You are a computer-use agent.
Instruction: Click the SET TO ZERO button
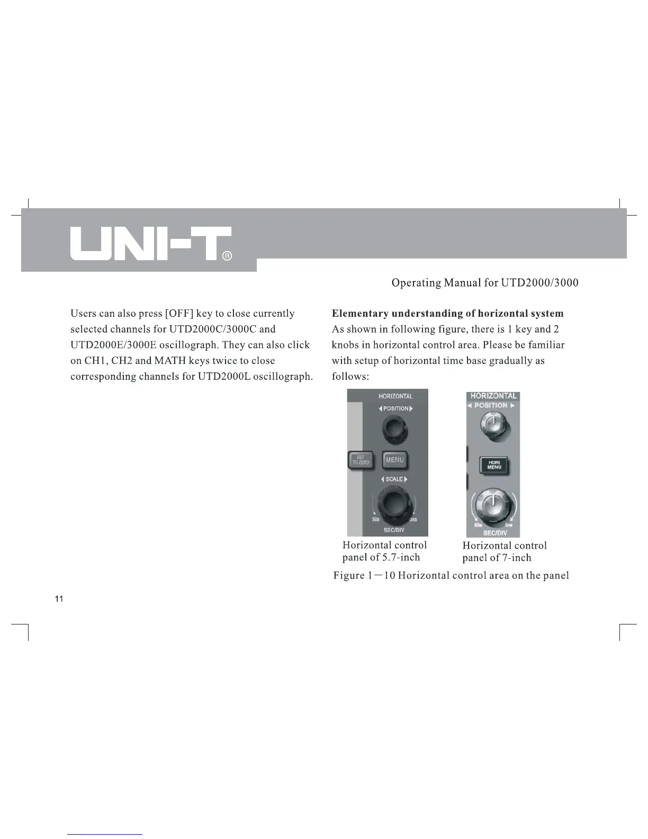pyautogui.click(x=361, y=460)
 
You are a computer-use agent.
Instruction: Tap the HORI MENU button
pyautogui.click(x=493, y=465)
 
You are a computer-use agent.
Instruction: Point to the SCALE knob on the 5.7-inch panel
pyautogui.click(x=394, y=506)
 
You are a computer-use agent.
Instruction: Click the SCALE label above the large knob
pyautogui.click(x=394, y=479)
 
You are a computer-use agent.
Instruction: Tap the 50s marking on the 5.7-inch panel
pyautogui.click(x=375, y=520)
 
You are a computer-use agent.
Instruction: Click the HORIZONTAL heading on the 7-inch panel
pyautogui.click(x=493, y=396)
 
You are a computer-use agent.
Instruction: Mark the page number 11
pyautogui.click(x=59, y=599)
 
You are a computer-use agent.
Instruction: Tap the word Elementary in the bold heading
pyautogui.click(x=359, y=314)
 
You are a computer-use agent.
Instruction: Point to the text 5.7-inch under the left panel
pyautogui.click(x=401, y=557)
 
